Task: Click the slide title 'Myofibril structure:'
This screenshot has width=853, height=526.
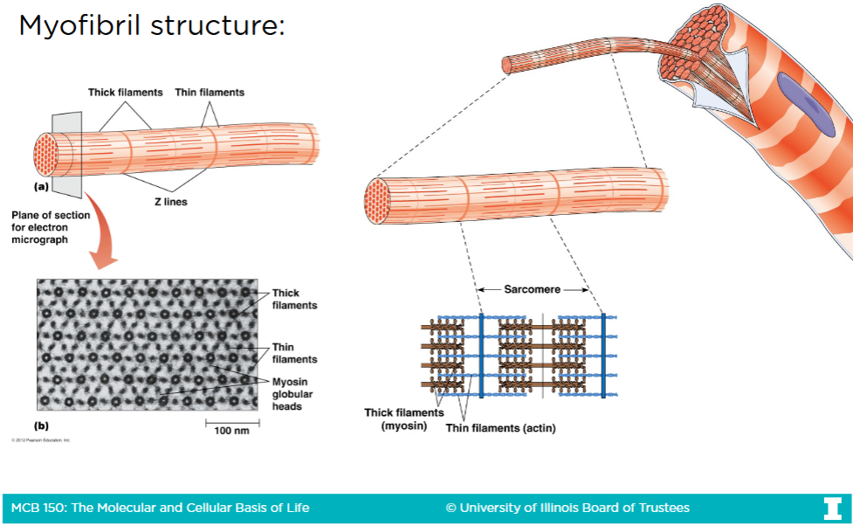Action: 152,25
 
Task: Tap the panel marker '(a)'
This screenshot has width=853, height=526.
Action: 41,186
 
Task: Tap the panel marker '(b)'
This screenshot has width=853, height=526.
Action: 41,426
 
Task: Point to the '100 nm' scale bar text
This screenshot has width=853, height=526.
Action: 231,432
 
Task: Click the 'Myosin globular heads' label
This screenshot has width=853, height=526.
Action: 292,393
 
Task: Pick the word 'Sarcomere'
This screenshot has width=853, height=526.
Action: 532,289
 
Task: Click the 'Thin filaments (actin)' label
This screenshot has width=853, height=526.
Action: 500,428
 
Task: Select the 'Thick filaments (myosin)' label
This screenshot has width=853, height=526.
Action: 403,419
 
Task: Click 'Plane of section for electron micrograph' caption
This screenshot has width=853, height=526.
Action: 40,227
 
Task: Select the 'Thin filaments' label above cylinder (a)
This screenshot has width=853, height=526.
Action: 210,92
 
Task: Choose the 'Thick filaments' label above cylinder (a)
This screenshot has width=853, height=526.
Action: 125,92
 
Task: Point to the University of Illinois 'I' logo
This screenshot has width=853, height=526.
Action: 831,508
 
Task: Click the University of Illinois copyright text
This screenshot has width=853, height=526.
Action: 568,508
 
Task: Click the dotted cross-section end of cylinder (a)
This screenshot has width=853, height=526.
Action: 45,153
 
